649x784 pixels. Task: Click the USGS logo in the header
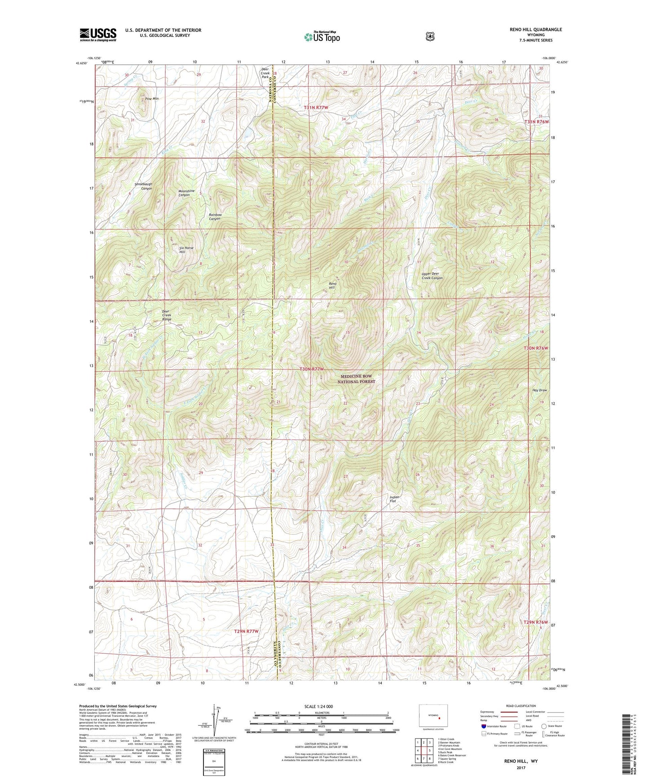pyautogui.click(x=98, y=35)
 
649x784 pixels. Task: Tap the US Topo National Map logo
pyautogui.click(x=322, y=37)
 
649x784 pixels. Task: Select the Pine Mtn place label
pyautogui.click(x=152, y=98)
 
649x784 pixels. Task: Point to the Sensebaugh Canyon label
pyautogui.click(x=143, y=186)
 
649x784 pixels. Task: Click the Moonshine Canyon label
pyautogui.click(x=186, y=193)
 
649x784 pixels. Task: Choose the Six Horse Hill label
pyautogui.click(x=186, y=250)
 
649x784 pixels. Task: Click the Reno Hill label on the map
pyautogui.click(x=333, y=286)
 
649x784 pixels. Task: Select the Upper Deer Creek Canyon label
pyautogui.click(x=432, y=276)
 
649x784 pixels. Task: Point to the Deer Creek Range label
pyautogui.click(x=167, y=315)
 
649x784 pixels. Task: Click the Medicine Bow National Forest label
pyautogui.click(x=356, y=379)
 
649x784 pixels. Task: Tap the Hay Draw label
pyautogui.click(x=539, y=390)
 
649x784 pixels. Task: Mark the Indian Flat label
pyautogui.click(x=394, y=499)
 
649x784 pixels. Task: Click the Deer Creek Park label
pyautogui.click(x=265, y=73)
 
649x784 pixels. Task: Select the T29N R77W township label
pyautogui.click(x=247, y=631)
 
